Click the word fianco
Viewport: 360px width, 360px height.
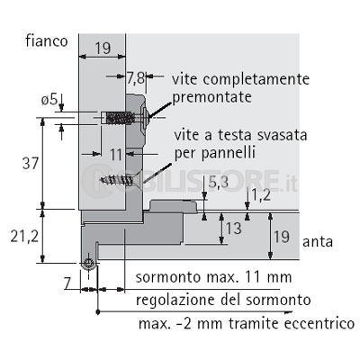(47, 40)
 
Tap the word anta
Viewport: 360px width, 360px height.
(318, 242)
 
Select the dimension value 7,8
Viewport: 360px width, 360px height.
(135, 79)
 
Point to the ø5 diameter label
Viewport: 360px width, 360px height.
(49, 100)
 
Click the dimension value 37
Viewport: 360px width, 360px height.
(31, 164)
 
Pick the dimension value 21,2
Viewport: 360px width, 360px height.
(24, 237)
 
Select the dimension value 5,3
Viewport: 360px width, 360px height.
(219, 182)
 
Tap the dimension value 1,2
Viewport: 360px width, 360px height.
(261, 195)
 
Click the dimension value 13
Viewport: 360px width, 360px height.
(234, 229)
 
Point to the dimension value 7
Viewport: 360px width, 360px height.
(67, 284)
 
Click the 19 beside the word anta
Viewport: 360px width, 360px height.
(282, 237)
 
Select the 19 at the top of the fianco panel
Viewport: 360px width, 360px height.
(103, 48)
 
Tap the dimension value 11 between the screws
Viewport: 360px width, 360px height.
(116, 155)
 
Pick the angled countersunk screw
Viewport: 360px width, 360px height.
(120, 179)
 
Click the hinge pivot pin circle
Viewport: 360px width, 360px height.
(89, 264)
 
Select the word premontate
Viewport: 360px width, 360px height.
(211, 97)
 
